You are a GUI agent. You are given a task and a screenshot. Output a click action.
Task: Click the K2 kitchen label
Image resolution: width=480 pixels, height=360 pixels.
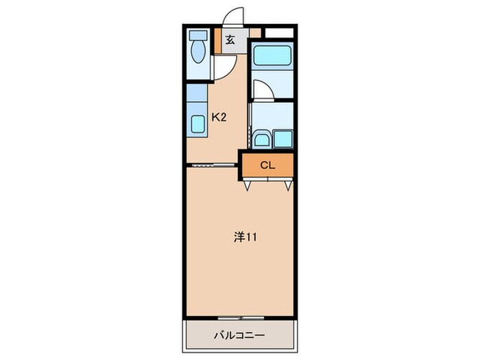[x=219, y=117]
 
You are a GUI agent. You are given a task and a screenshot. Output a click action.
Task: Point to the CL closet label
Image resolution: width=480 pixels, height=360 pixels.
[x=267, y=165]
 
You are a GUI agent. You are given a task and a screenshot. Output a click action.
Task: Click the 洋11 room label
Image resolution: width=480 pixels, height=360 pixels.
[x=245, y=238]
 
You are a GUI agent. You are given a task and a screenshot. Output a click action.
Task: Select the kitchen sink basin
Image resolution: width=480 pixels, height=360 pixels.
[x=197, y=123]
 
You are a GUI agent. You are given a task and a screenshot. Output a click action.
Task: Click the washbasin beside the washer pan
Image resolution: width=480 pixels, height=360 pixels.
[x=261, y=139]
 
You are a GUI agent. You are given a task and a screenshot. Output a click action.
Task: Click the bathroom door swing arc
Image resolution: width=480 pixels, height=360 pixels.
[x=263, y=90]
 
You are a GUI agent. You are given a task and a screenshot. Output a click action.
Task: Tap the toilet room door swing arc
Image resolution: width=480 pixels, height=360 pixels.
[x=225, y=67]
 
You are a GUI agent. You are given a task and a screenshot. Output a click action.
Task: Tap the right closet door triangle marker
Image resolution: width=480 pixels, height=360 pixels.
[x=288, y=184]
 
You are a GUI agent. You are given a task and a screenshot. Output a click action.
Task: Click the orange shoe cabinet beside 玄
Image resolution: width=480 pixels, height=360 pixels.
[x=217, y=40]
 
